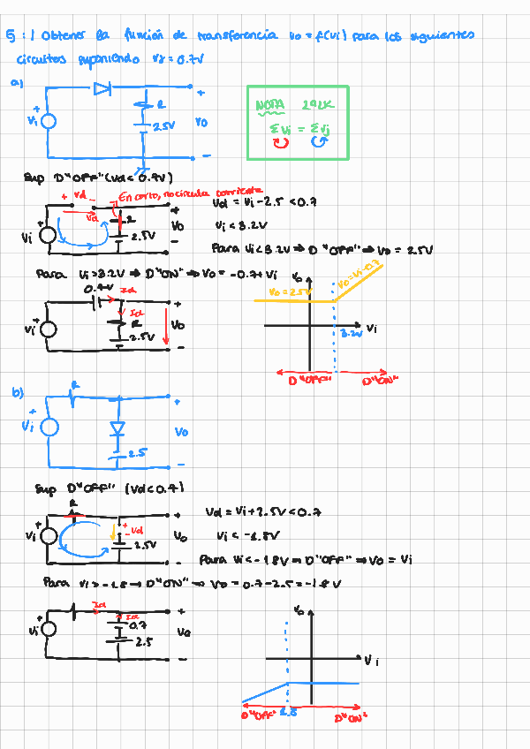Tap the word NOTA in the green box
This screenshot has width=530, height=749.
[x=270, y=105]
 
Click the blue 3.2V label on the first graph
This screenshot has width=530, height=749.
[x=352, y=335]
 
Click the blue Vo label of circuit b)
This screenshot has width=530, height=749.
[x=181, y=432]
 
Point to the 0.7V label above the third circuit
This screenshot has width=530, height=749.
[x=97, y=288]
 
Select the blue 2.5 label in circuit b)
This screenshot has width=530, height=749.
[x=136, y=453]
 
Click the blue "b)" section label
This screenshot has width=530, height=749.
[x=18, y=394]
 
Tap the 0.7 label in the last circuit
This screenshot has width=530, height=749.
[x=137, y=624]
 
